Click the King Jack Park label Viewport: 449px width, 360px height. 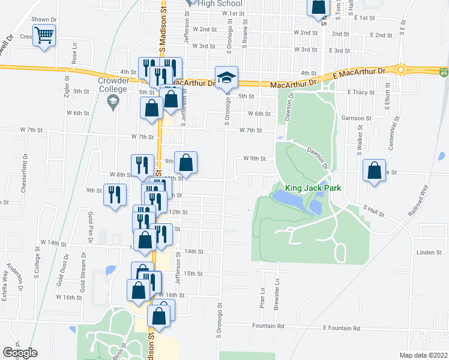(x=313, y=188)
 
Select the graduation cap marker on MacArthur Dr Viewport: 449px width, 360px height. (x=226, y=77)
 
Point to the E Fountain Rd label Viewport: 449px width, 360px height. (x=342, y=328)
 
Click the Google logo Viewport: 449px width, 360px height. (x=20, y=353)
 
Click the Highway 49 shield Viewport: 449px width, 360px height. (x=442, y=73)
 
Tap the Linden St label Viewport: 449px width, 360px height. (x=429, y=253)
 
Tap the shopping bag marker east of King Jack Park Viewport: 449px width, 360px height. (x=375, y=170)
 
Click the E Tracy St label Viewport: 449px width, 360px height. (x=361, y=92)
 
